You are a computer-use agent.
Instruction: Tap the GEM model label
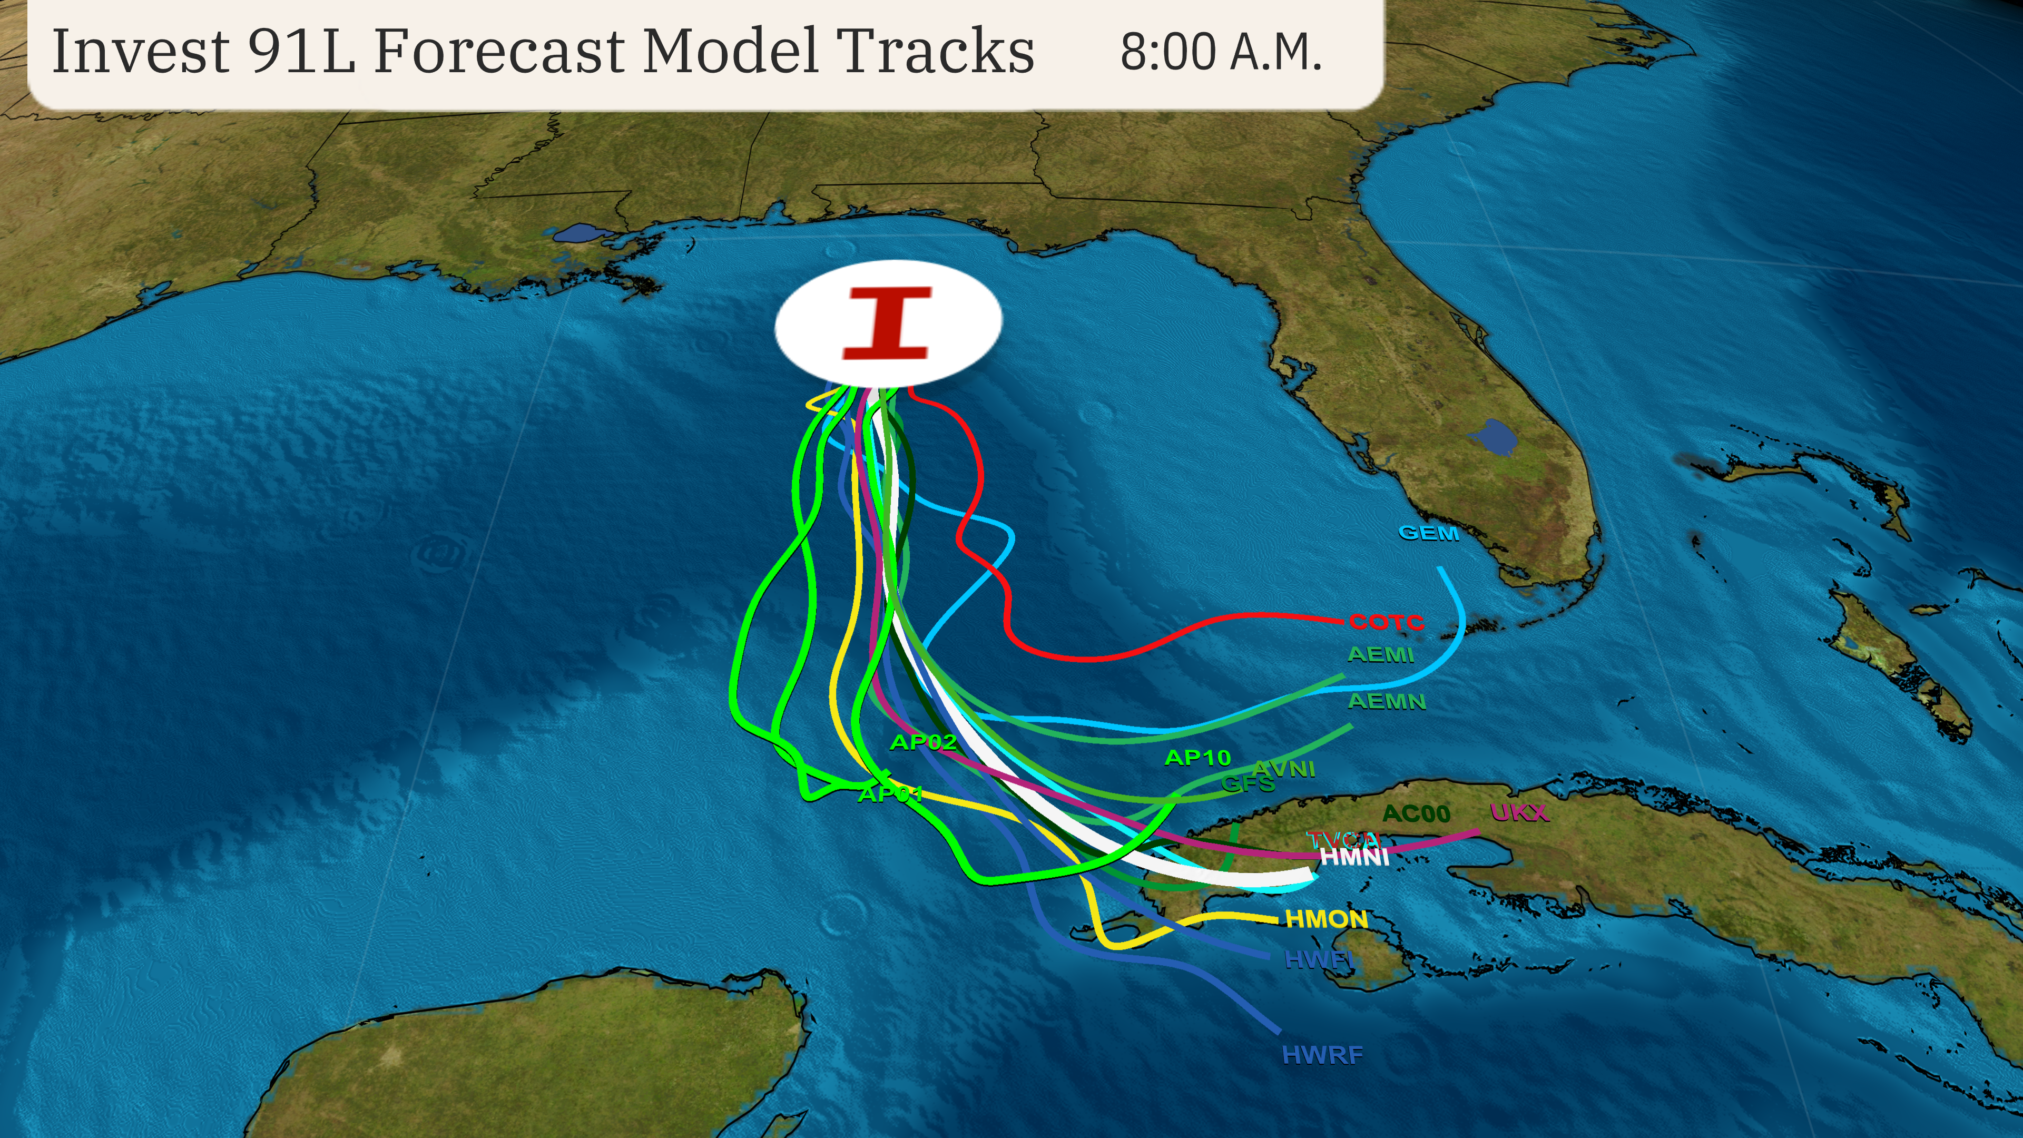(1429, 533)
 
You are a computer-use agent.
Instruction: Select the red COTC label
(1386, 622)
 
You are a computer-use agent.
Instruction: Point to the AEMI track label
(1380, 654)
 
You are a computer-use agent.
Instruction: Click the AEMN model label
(1386, 701)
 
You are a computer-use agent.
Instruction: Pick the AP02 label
(923, 742)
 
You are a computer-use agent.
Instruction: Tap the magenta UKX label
(1519, 813)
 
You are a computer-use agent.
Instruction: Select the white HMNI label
(1354, 856)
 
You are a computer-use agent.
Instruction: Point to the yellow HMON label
(1325, 919)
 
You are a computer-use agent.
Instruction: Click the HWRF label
(1322, 1055)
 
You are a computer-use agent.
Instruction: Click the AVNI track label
(1283, 769)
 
